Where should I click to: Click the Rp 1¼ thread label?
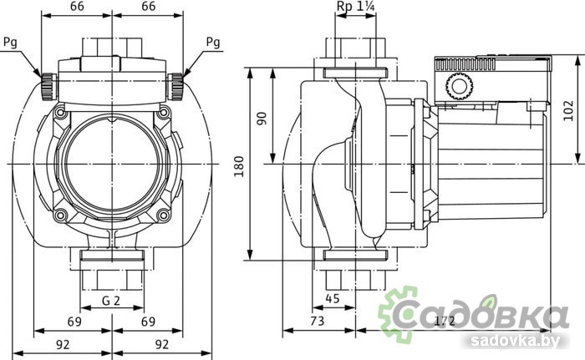[x=354, y=8]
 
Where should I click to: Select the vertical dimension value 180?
[x=240, y=164]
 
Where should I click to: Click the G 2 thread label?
[x=110, y=300]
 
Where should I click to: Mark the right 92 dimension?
[x=161, y=342]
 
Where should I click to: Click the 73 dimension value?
[x=318, y=322]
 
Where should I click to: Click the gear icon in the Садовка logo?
[x=398, y=313]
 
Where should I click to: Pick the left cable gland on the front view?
[x=48, y=84]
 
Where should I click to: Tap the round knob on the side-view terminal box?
[x=456, y=85]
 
